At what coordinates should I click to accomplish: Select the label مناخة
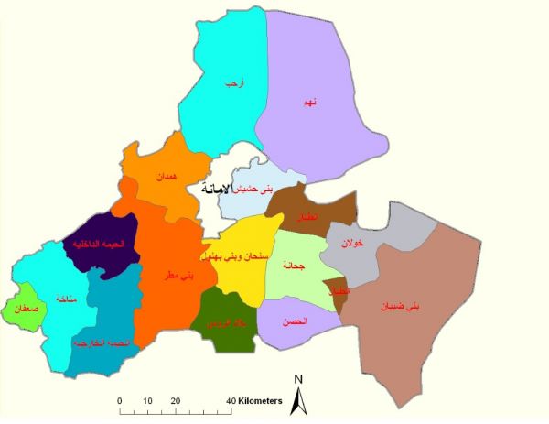[x=64, y=299]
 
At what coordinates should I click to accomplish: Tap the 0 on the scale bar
[x=120, y=400]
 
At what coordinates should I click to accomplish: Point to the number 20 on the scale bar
[x=175, y=400]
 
